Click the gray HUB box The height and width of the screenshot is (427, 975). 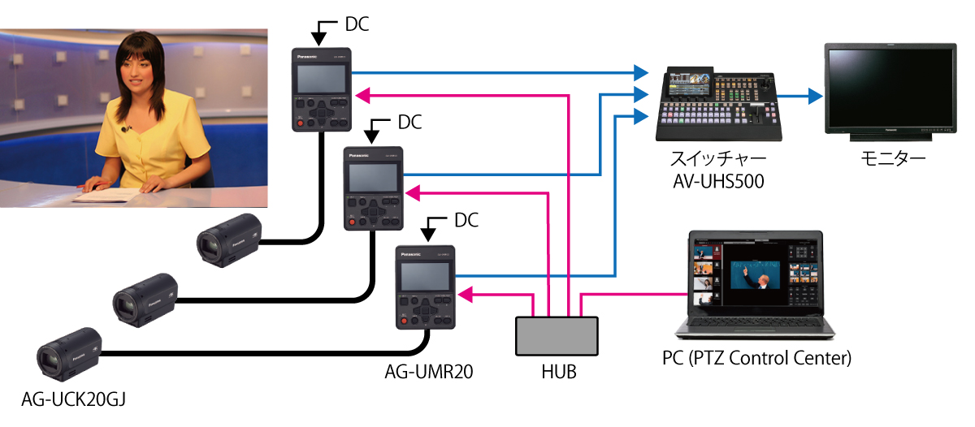point(557,335)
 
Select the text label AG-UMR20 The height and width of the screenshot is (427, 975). point(428,373)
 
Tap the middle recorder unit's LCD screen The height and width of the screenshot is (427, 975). point(373,177)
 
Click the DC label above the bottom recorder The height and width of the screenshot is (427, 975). point(466,220)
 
